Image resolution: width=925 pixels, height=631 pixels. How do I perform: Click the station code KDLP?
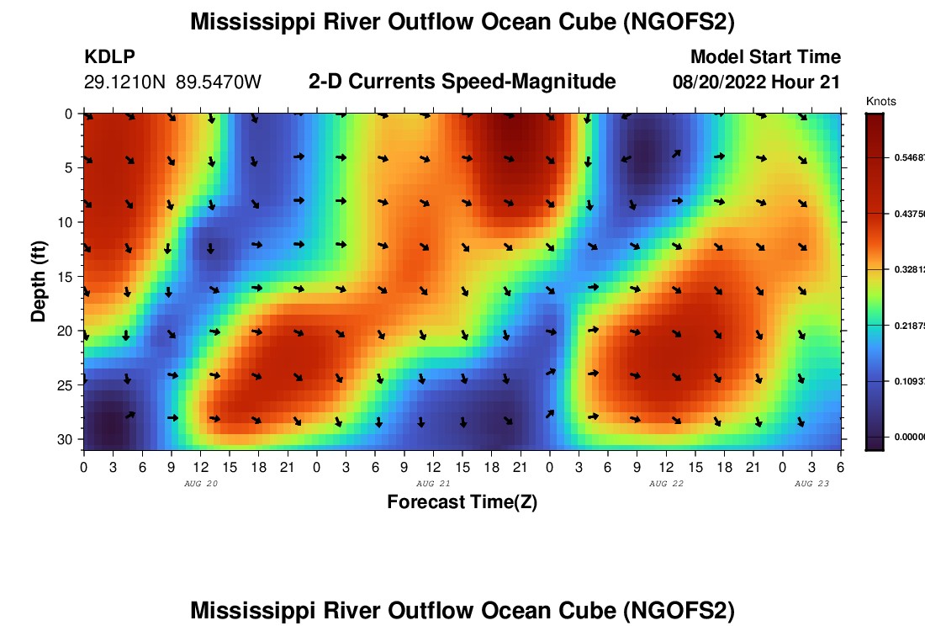pyautogui.click(x=109, y=57)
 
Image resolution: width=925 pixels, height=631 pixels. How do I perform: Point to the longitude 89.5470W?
pyautogui.click(x=219, y=82)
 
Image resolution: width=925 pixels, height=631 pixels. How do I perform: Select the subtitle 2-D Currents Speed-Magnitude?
pyautogui.click(x=462, y=82)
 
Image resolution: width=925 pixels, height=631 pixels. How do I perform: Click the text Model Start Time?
pyautogui.click(x=765, y=57)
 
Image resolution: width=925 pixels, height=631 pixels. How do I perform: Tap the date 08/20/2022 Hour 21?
pyautogui.click(x=757, y=82)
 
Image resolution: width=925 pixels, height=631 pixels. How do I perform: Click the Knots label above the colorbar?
pyautogui.click(x=880, y=102)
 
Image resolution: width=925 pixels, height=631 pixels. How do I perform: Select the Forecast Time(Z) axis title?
pyautogui.click(x=462, y=502)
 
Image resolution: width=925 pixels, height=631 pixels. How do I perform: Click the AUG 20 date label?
pyautogui.click(x=200, y=484)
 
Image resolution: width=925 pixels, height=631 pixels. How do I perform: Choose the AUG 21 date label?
pyautogui.click(x=433, y=484)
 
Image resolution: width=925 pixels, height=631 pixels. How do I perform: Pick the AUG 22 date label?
pyautogui.click(x=666, y=484)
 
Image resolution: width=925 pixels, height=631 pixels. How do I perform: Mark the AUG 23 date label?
pyautogui.click(x=811, y=484)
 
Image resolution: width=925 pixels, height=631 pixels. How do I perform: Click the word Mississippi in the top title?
pyautogui.click(x=257, y=23)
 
